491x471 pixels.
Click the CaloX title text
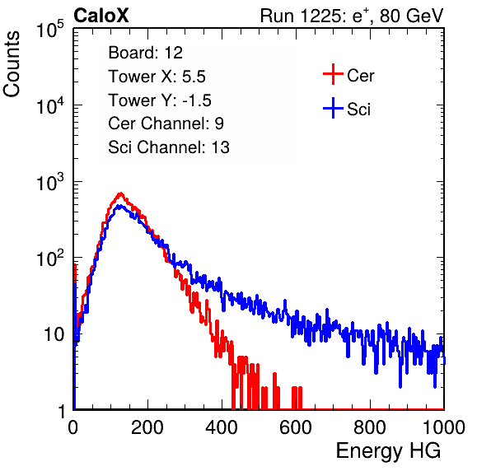(x=101, y=16)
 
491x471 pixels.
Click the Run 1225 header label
(x=352, y=16)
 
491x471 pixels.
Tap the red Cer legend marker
(x=333, y=74)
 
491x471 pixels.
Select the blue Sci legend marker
(x=333, y=109)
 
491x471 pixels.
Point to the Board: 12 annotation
(x=145, y=53)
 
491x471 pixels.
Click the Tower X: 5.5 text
(x=157, y=77)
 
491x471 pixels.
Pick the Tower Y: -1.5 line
(x=160, y=100)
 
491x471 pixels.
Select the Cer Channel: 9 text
(x=166, y=124)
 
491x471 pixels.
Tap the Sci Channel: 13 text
(x=169, y=147)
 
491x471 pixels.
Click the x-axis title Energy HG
(x=388, y=450)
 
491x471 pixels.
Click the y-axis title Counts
(x=12, y=64)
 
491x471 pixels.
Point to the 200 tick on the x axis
(x=147, y=427)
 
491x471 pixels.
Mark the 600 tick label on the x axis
(x=296, y=427)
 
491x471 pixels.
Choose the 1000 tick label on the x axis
(x=444, y=427)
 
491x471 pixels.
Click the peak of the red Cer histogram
(x=121, y=194)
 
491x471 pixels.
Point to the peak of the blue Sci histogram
(x=119, y=206)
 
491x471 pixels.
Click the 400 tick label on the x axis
(x=222, y=427)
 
